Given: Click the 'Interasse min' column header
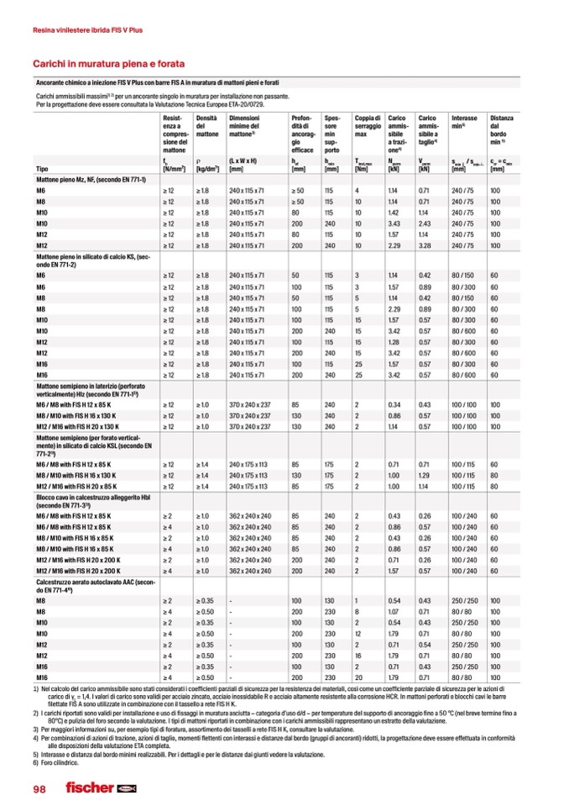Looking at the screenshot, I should pos(463,123).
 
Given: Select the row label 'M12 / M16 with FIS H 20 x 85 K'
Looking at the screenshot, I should pos(86,486).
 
